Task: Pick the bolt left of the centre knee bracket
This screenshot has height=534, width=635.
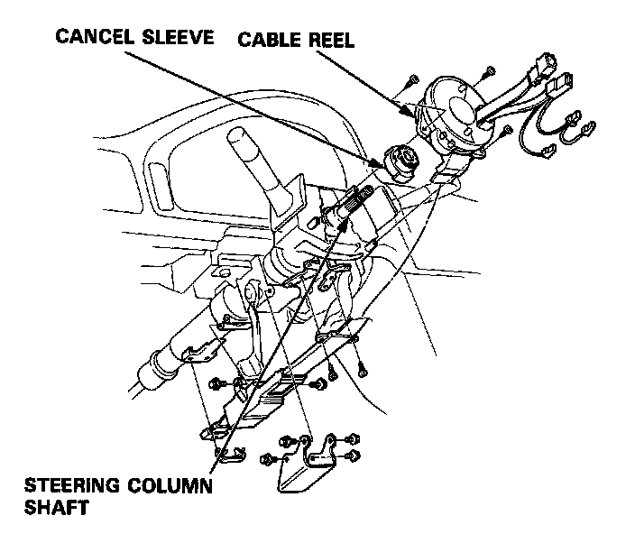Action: click(x=215, y=384)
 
